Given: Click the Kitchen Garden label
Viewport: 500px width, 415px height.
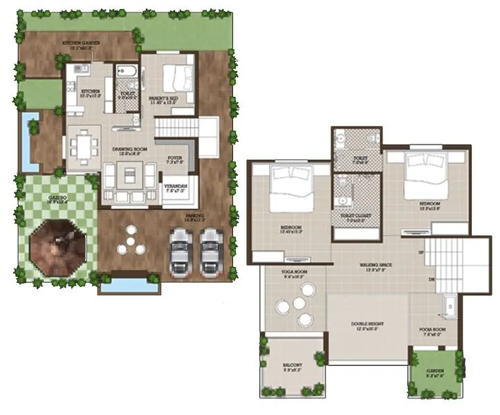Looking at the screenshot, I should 82,43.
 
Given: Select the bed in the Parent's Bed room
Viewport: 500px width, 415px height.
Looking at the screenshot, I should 177,78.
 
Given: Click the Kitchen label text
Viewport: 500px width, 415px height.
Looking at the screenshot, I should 91,92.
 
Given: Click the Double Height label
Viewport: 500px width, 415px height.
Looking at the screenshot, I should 367,326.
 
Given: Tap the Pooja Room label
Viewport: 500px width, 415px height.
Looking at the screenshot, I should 434,330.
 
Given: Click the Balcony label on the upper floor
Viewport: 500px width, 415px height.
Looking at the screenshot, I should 291,367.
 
